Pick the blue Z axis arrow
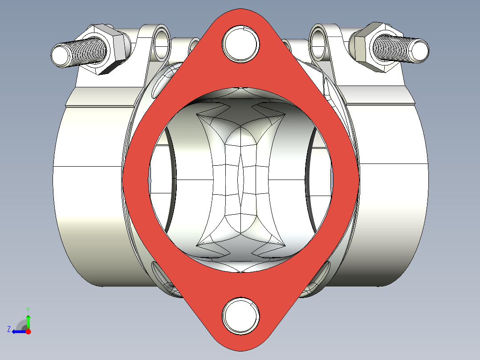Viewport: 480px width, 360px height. pos(18,331)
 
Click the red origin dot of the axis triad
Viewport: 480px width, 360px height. pos(28,331)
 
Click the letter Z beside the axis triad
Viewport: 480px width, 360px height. pos(9,329)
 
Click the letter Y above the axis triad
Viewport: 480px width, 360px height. pos(28,309)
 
